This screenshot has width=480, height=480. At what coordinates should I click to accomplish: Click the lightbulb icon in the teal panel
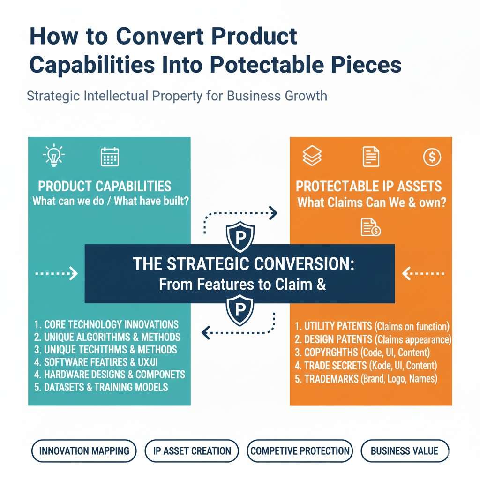54,156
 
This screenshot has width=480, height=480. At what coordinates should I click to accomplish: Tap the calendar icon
110,157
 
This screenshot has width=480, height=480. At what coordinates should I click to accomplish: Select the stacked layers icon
312,156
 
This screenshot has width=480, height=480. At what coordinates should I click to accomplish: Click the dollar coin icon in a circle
432,157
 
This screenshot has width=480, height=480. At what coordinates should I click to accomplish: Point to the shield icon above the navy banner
240,236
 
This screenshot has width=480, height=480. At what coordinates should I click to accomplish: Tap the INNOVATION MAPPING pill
84,451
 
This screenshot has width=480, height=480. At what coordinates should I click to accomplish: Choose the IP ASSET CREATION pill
192,451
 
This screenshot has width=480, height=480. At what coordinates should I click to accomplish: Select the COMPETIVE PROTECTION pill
300,451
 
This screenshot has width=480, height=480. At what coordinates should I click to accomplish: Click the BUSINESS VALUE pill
405,451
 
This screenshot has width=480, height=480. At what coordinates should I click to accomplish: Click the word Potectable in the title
267,65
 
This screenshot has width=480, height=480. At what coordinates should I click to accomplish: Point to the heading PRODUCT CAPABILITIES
105,186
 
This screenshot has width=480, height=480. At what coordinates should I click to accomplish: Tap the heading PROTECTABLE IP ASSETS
368,186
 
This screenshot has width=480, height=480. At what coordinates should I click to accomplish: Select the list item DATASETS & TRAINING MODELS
101,387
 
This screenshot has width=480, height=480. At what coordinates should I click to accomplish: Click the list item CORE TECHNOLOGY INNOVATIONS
106,324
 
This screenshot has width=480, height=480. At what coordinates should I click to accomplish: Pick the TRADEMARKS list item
366,379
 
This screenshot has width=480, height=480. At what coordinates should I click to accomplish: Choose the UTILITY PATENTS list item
372,326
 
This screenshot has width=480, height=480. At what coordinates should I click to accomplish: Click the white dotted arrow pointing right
56,273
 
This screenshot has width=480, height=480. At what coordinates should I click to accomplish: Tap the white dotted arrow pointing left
423,273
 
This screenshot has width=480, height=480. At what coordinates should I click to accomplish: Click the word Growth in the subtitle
306,96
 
